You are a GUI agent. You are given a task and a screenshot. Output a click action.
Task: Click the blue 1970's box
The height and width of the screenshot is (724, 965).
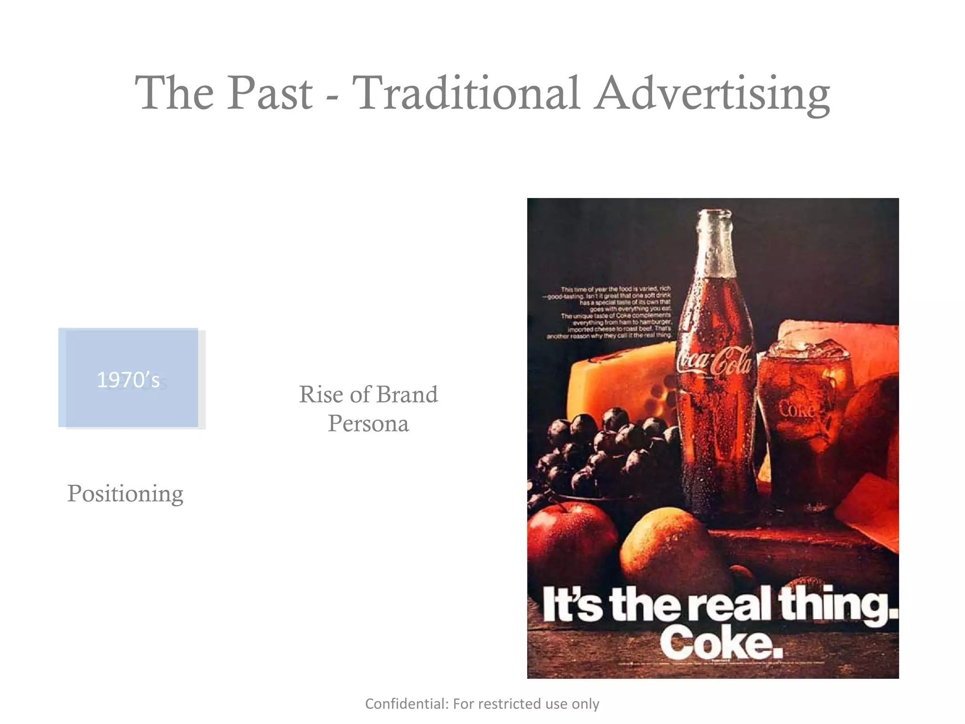[x=128, y=378]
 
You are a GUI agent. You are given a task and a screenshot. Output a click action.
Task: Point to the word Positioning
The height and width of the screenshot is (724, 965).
[x=125, y=494]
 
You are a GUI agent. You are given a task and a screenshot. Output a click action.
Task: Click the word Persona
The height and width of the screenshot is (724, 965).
[x=368, y=423]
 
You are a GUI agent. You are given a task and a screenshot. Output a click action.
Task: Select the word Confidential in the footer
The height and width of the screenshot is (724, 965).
[x=407, y=704]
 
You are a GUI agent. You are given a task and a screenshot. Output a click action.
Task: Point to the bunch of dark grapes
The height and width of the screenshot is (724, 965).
[x=608, y=452]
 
